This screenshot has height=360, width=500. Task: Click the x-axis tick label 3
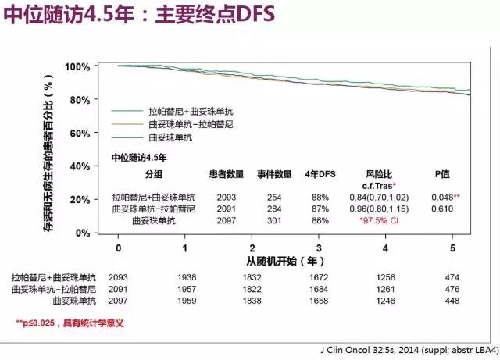click(x=319, y=248)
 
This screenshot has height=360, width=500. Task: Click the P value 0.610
click(x=443, y=209)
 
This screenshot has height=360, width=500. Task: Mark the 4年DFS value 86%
click(x=321, y=221)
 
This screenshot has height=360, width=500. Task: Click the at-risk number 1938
click(x=185, y=277)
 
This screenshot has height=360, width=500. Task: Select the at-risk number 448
click(x=452, y=300)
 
